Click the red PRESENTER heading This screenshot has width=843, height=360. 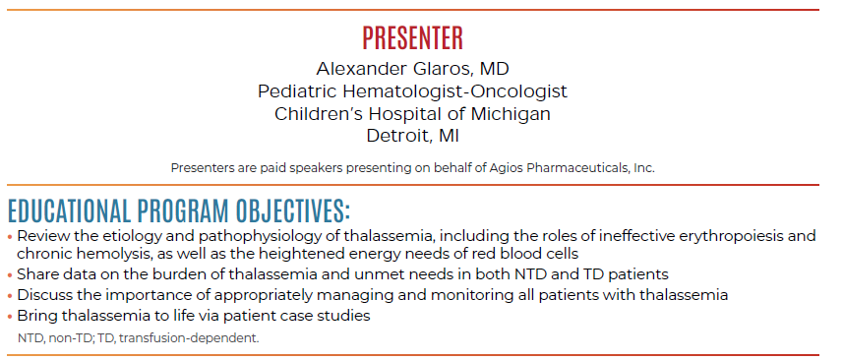tap(412, 38)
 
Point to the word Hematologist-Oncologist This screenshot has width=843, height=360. tap(454, 91)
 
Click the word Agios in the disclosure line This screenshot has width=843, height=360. tap(504, 167)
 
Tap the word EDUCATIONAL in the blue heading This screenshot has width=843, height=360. tap(68, 210)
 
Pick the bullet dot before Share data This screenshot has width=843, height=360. tap(10, 275)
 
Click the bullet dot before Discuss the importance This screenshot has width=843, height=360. tap(10, 296)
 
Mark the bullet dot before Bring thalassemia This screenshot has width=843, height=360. tap(10, 317)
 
